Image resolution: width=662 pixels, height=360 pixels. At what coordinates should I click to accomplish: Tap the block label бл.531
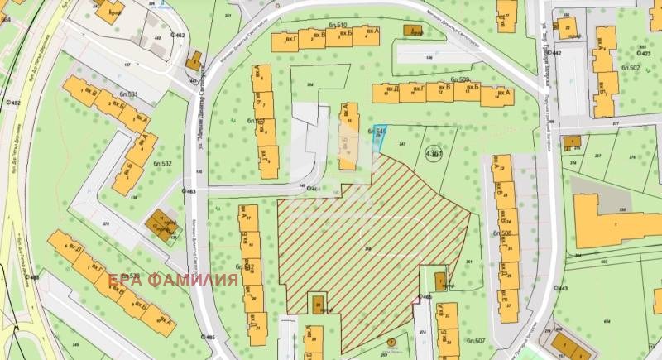click(127, 95)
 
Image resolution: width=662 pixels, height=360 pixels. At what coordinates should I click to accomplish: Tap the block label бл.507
click(475, 340)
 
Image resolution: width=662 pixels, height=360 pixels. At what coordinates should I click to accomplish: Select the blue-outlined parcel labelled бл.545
click(379, 137)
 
